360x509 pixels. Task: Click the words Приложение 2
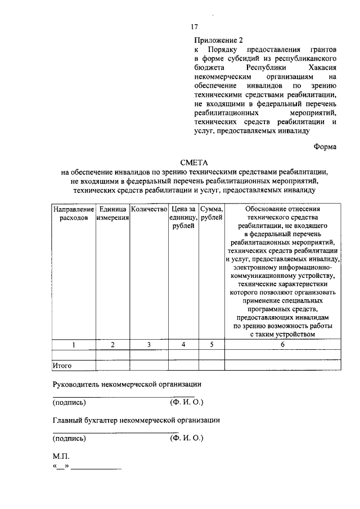point(219,40)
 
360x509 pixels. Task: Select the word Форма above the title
point(325,147)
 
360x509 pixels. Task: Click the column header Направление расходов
point(73,213)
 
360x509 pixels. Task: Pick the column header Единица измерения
point(112,213)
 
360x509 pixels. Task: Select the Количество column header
point(148,209)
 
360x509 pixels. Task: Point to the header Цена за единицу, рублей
point(183,217)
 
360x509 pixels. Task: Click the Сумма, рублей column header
point(211,213)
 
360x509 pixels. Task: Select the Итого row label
point(62,366)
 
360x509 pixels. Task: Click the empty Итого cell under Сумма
point(211,366)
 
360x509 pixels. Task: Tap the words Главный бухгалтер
point(84,420)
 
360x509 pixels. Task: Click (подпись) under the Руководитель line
point(69,403)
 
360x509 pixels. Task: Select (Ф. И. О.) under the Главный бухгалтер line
point(186,438)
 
